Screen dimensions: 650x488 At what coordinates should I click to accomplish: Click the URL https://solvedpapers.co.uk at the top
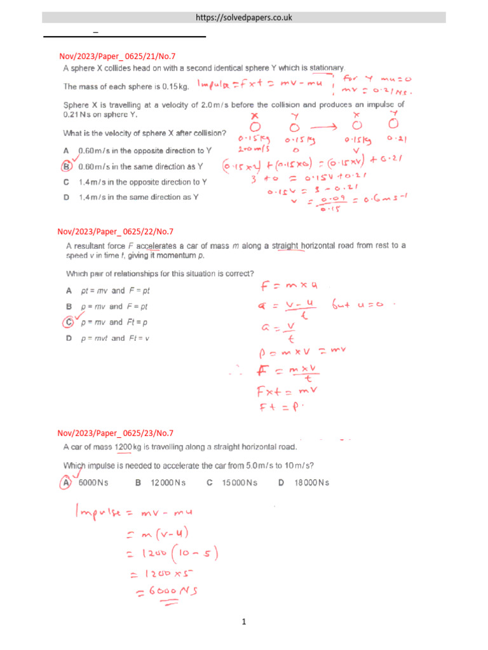pyautogui.click(x=244, y=17)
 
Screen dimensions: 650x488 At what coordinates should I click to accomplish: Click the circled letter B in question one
pyautogui.click(x=66, y=167)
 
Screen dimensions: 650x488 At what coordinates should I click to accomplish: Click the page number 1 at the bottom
pyautogui.click(x=244, y=623)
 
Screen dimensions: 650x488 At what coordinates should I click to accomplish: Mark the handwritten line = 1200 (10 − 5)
pyautogui.click(x=172, y=555)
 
